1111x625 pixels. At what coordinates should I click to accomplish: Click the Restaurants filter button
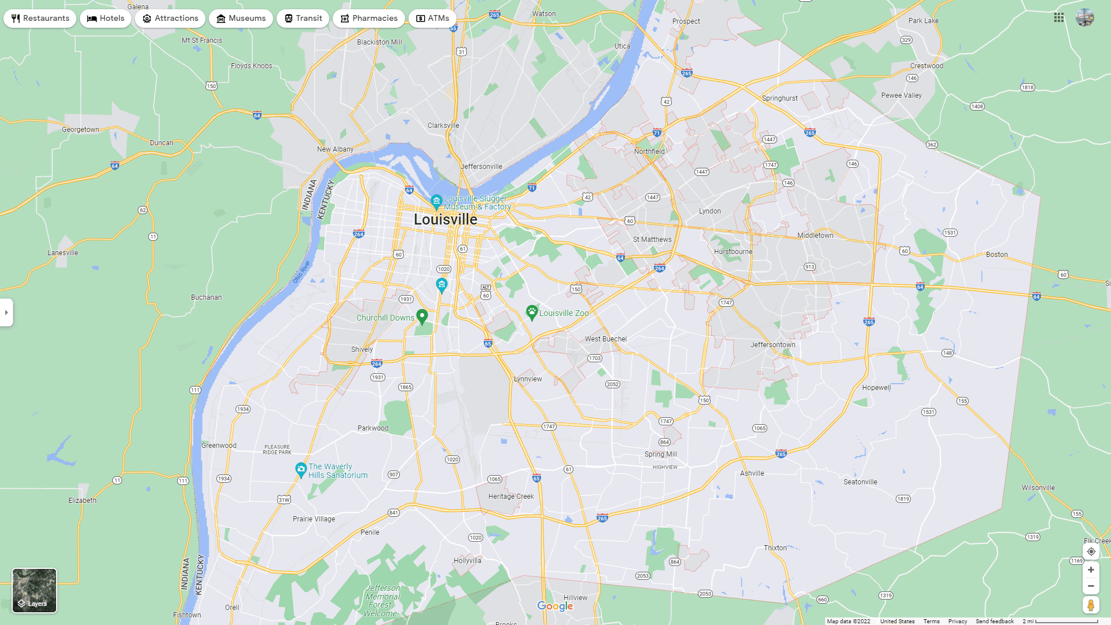[40, 19]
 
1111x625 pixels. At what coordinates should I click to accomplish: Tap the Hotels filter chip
[106, 19]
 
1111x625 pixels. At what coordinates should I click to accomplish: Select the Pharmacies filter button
[369, 19]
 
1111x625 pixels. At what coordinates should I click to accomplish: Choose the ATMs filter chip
[432, 19]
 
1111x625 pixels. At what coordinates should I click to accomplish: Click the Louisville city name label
[446, 220]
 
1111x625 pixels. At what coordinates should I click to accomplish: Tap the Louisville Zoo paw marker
[531, 312]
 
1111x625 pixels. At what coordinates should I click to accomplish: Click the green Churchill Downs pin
[422, 317]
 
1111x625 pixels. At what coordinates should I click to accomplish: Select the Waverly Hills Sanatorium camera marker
[301, 469]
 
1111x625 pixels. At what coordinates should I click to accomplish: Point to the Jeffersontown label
[772, 345]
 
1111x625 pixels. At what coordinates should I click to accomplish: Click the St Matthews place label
[652, 240]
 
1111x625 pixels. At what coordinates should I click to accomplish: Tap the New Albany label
[335, 149]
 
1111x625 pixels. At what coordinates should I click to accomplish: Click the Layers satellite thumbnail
[35, 590]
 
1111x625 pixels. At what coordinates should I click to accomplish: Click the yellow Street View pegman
[1091, 605]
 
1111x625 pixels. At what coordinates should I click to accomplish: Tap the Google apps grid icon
[1059, 18]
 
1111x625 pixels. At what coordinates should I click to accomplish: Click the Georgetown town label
[80, 130]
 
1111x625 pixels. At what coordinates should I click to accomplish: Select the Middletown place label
[815, 236]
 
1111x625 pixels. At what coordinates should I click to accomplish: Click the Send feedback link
[995, 622]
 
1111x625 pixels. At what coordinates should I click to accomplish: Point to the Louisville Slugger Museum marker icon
[436, 201]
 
